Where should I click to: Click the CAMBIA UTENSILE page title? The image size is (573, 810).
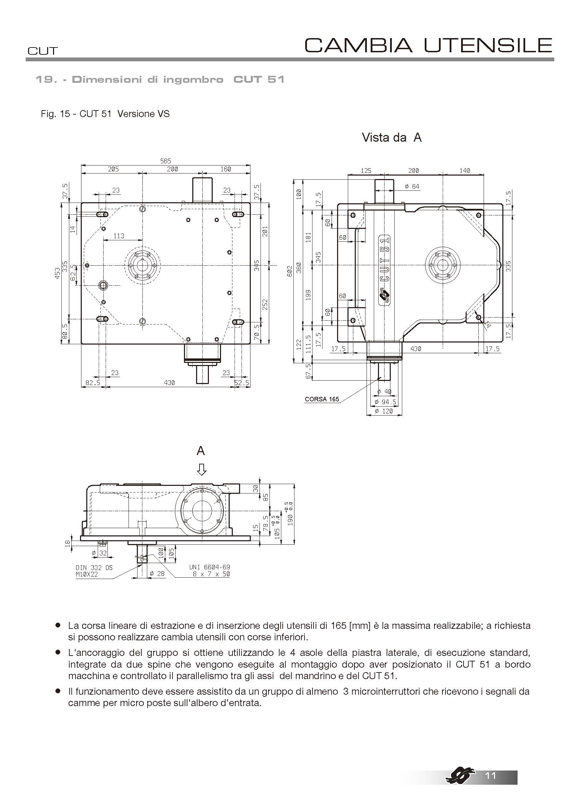428,45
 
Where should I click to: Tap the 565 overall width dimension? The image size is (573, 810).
166,161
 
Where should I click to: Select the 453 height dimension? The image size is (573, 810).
58,272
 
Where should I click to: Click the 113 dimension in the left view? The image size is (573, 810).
119,236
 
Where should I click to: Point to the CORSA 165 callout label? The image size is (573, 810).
322,399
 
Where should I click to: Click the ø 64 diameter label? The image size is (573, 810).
412,186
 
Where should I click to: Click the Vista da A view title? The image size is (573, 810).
392,137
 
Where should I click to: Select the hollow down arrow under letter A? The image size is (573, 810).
201,469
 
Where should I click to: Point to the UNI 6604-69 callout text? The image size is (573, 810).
210,567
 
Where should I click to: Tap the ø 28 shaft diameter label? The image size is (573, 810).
157,573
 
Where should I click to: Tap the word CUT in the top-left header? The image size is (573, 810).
42,51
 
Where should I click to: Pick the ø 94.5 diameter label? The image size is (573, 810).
385,402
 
